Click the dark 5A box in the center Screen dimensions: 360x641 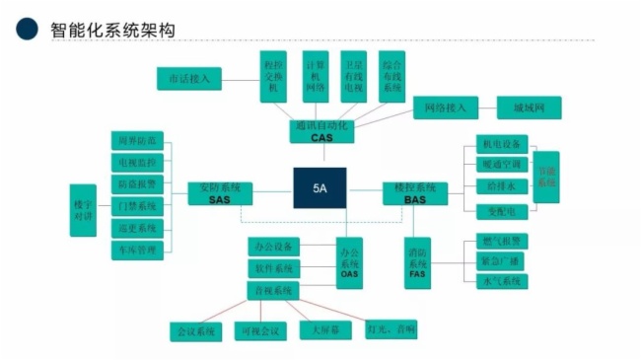(320, 188)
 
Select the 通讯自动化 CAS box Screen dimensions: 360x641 (321, 132)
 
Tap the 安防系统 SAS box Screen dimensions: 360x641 (219, 193)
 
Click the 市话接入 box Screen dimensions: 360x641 (190, 78)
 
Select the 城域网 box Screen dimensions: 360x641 (529, 107)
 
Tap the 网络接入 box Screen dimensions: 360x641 (445, 107)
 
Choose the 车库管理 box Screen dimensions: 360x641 (137, 251)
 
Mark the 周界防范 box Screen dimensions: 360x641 (137, 139)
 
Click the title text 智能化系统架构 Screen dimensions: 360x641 (112, 29)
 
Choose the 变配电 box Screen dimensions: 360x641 (502, 208)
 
